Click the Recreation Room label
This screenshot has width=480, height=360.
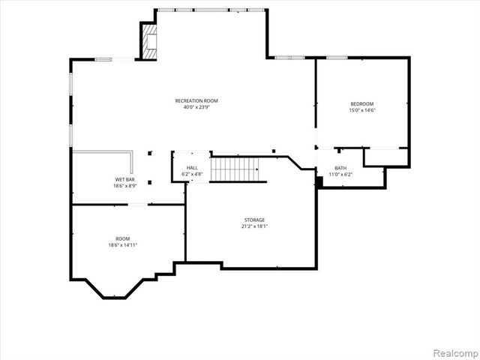coord(196,100)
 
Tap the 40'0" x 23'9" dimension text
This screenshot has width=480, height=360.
coord(196,107)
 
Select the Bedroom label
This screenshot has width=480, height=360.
coord(361,103)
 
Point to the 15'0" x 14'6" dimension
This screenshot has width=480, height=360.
coord(361,110)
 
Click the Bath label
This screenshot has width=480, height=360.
coord(340,168)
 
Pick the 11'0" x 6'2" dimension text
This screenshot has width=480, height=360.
coord(340,175)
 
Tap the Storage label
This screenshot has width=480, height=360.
coord(254,219)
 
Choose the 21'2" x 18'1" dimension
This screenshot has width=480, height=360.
coord(254,226)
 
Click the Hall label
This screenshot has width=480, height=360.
coord(192,167)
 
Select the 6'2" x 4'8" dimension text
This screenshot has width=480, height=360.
coord(192,174)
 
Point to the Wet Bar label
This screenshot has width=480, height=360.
coord(124,180)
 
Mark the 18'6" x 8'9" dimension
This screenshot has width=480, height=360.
coord(124,186)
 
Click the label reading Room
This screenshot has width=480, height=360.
coord(122,237)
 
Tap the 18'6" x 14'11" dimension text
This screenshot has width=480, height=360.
coord(122,244)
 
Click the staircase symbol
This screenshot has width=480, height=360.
coord(237,169)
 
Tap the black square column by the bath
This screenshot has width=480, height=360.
coord(319,182)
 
